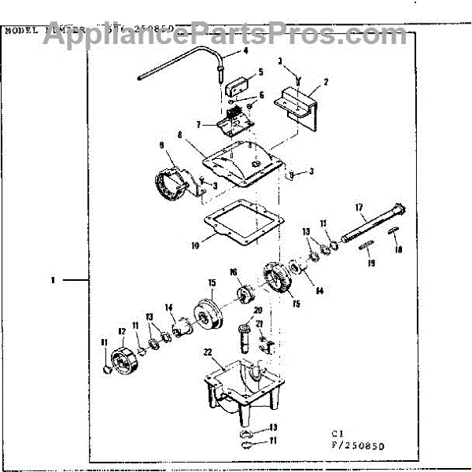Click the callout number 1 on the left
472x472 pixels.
pos(53,279)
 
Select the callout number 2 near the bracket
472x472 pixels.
pos(326,81)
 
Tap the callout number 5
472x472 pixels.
pos(260,71)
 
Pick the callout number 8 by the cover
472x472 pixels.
pos(180,135)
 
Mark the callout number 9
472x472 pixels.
pos(161,146)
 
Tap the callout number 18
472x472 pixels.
pos(398,250)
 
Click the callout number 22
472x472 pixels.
pos(208,351)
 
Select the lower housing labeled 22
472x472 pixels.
pos(236,385)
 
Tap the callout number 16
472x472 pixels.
pos(234,272)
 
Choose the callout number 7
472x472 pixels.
pos(200,124)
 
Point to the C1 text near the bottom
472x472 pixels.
pos(336,432)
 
